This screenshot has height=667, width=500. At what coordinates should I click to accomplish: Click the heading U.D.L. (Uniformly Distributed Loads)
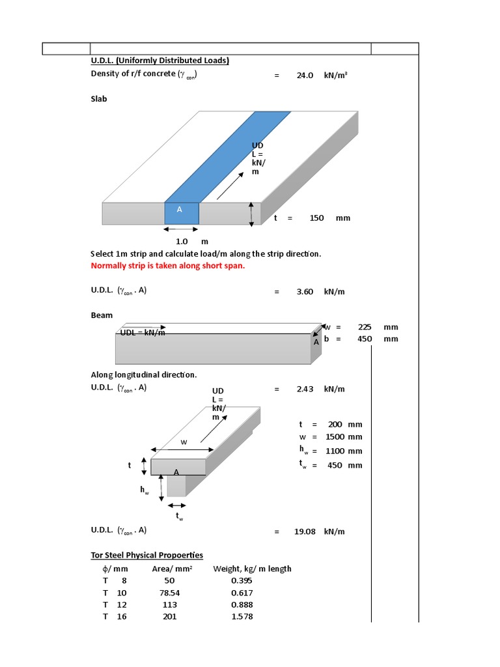pos(160,61)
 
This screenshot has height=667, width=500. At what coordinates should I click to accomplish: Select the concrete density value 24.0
pos(305,75)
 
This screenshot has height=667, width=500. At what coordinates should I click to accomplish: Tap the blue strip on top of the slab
pos(228,156)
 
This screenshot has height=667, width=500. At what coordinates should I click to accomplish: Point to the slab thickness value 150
pos(316,218)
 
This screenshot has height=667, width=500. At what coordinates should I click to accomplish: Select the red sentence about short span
pos(167,266)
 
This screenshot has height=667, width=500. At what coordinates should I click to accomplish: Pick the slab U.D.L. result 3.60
pos(305,292)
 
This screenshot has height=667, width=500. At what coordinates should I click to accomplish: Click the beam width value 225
pos(365,327)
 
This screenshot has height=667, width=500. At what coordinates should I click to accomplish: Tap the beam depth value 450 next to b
pos(365,339)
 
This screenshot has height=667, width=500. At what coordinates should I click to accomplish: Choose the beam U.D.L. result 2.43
pos(305,389)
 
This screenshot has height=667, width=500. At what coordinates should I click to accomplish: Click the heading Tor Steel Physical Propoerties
pos(146,555)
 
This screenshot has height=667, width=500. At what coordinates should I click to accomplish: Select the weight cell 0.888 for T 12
pos(242,604)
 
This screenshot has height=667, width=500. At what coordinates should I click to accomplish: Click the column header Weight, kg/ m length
pos(252,569)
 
